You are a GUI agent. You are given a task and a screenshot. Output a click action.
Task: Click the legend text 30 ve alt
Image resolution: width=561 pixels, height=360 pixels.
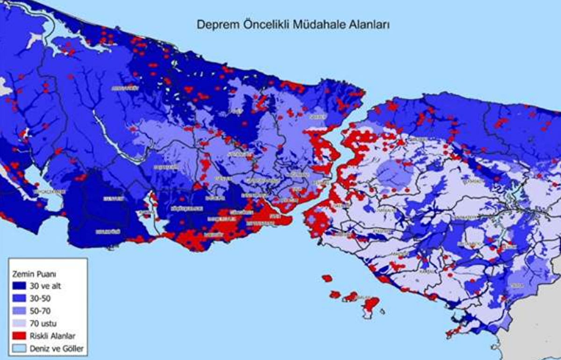pyautogui.click(x=45, y=286)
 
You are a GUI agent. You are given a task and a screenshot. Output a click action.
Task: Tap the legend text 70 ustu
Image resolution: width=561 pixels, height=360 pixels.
pyautogui.click(x=43, y=323)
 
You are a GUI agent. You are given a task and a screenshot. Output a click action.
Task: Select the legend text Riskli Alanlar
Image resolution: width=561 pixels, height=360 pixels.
pyautogui.click(x=52, y=335)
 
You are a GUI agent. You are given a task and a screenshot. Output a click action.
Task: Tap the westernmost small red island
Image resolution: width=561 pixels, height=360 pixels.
pyautogui.click(x=327, y=279)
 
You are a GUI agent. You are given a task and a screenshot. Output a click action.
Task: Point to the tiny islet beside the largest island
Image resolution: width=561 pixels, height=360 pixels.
pyautogui.click(x=382, y=311)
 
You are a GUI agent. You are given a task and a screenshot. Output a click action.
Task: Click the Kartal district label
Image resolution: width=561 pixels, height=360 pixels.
pyautogui.click(x=426, y=271)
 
